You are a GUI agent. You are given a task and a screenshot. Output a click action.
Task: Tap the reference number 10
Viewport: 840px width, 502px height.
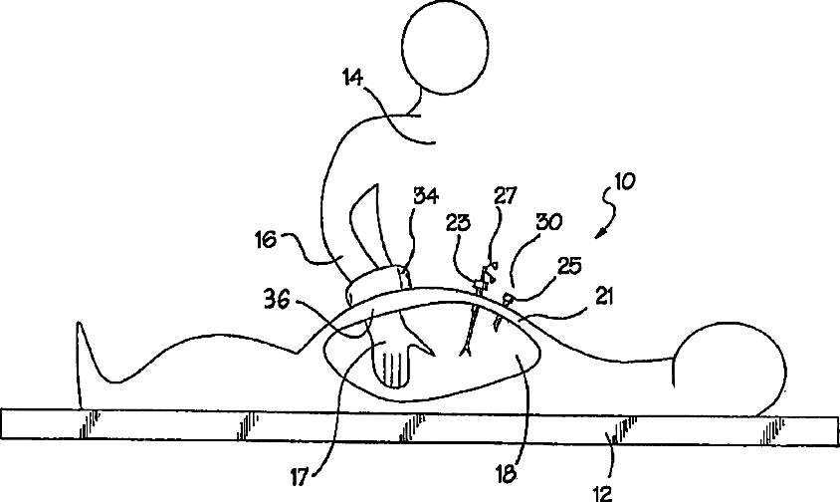pyautogui.click(x=625, y=181)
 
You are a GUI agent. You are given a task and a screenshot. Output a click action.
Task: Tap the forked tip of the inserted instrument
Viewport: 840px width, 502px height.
pyautogui.click(x=464, y=349)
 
